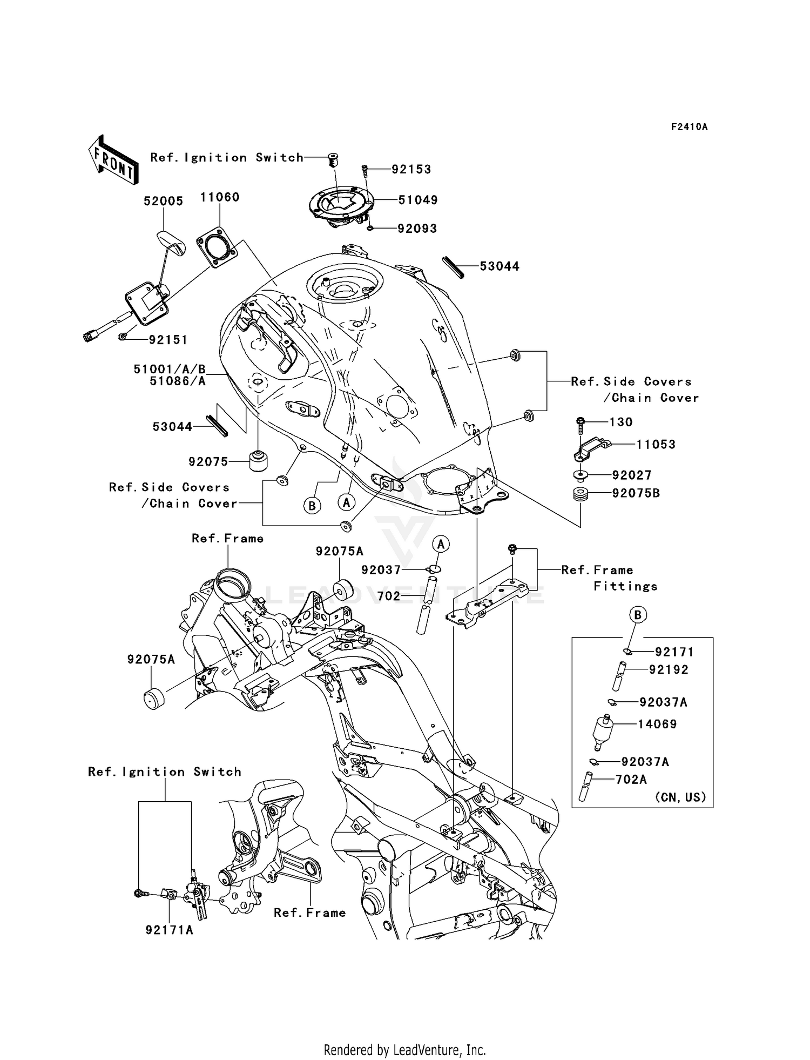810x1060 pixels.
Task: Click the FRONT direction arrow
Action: point(112,160)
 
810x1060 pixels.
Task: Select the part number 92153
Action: point(411,170)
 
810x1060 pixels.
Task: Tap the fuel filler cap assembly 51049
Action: point(340,207)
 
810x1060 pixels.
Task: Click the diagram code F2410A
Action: point(689,127)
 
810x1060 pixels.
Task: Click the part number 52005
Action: point(163,201)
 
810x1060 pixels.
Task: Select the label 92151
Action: point(168,340)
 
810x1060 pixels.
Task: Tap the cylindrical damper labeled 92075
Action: point(259,460)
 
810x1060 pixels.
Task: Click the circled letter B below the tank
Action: point(312,506)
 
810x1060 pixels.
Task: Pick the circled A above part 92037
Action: point(441,544)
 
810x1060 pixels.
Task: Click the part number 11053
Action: point(656,445)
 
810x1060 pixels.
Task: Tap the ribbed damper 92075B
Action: point(580,494)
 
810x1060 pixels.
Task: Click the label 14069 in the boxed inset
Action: point(657,724)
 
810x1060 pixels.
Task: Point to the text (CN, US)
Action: point(680,797)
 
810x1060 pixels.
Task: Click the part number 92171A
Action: point(169,930)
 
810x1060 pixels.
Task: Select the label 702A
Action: point(631,779)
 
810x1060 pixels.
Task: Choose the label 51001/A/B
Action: point(170,369)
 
